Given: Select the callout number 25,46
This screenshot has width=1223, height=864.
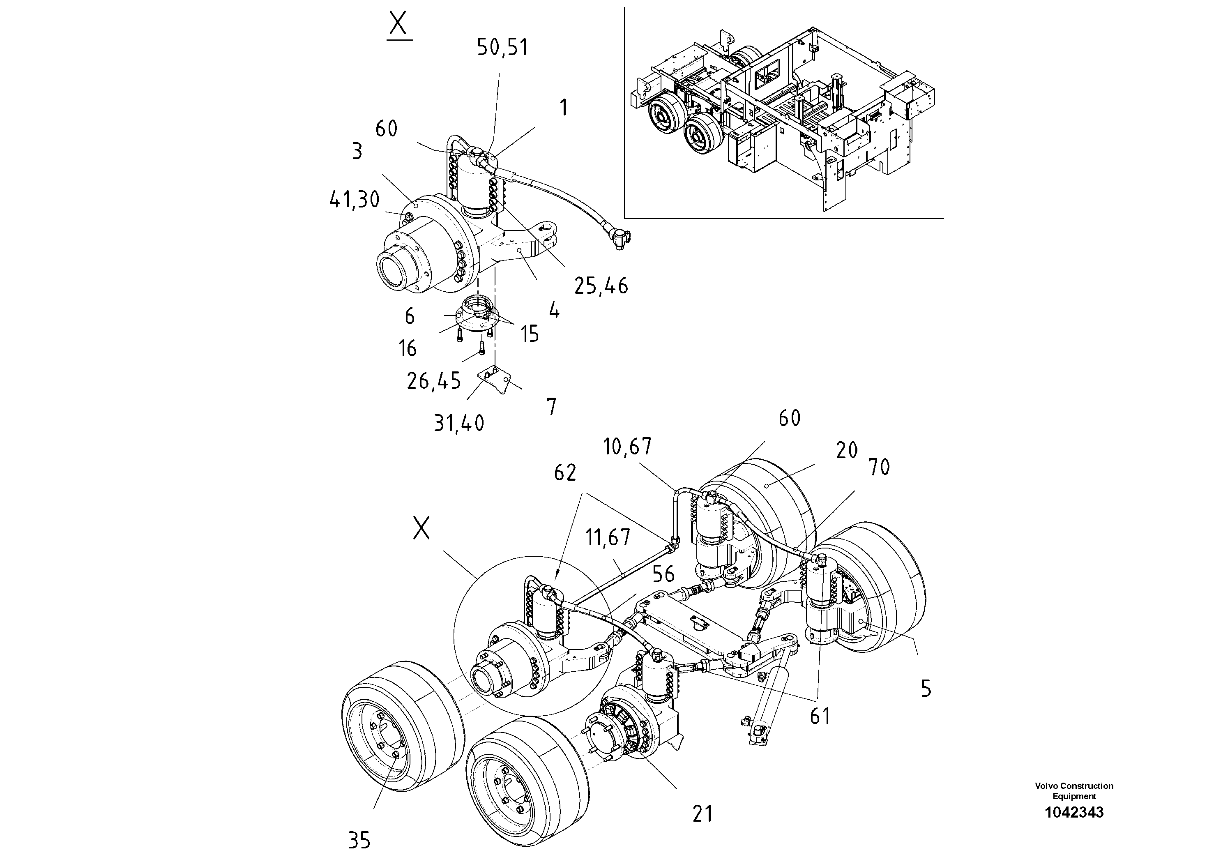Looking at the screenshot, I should [x=601, y=287].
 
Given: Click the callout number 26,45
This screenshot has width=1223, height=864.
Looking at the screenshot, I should [x=433, y=381].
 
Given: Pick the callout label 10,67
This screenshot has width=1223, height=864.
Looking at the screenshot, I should [x=627, y=447].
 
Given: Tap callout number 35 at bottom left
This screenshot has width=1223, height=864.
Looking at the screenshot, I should [x=359, y=841].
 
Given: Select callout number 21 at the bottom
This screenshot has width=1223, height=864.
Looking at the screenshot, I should [x=702, y=814].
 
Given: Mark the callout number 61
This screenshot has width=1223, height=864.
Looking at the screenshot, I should [x=820, y=717].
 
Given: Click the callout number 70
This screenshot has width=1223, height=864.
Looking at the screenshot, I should [x=879, y=468].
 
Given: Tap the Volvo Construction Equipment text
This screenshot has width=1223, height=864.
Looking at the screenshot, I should [x=1074, y=791].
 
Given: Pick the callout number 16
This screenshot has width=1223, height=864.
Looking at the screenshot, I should [x=408, y=349].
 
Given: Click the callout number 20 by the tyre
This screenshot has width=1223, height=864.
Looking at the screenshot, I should [x=846, y=451].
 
